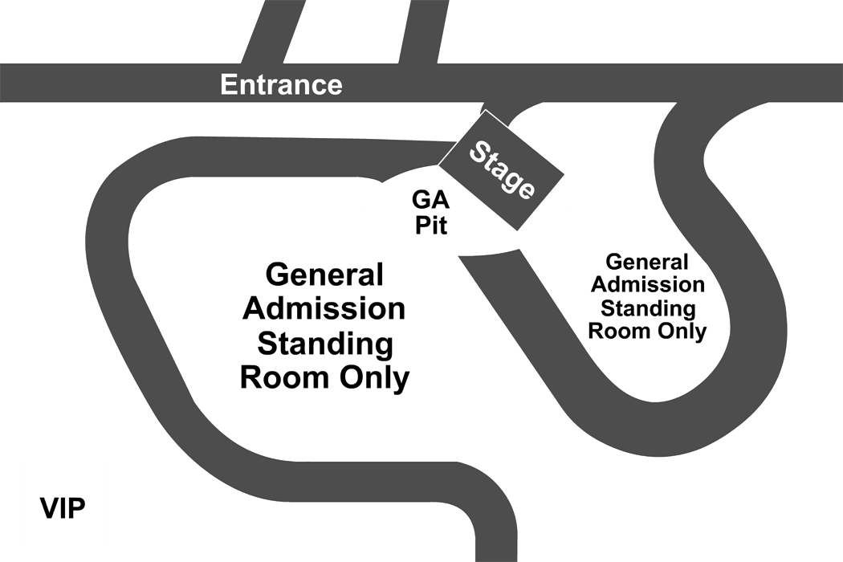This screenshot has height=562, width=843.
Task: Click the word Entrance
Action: click(281, 85)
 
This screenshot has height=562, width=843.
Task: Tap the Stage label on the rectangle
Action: click(502, 170)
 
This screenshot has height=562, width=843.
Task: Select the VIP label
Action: click(63, 508)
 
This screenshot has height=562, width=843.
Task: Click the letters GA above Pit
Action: click(430, 200)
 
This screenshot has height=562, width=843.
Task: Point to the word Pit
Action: click(431, 225)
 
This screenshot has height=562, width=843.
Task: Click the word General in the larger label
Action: click(324, 275)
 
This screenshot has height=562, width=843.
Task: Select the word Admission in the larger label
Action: click(324, 308)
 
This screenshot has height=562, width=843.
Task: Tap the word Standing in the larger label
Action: click(325, 344)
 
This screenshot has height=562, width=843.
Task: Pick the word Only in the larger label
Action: click(375, 378)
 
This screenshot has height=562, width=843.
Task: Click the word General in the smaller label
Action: click(647, 262)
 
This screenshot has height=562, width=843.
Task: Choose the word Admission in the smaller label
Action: click(648, 284)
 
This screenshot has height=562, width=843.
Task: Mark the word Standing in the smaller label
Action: click(648, 308)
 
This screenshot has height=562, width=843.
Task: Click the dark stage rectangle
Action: click(501, 170)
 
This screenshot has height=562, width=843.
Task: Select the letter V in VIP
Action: click(50, 508)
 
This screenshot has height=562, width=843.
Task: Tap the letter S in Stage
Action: click(478, 151)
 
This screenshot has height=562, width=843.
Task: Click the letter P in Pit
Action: click(422, 225)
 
